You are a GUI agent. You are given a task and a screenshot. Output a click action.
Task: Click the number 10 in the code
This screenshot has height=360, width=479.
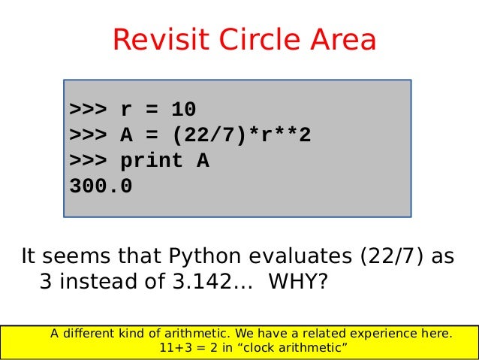point(183,110)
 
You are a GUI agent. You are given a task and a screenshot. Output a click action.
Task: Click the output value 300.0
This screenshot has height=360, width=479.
point(101,186)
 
